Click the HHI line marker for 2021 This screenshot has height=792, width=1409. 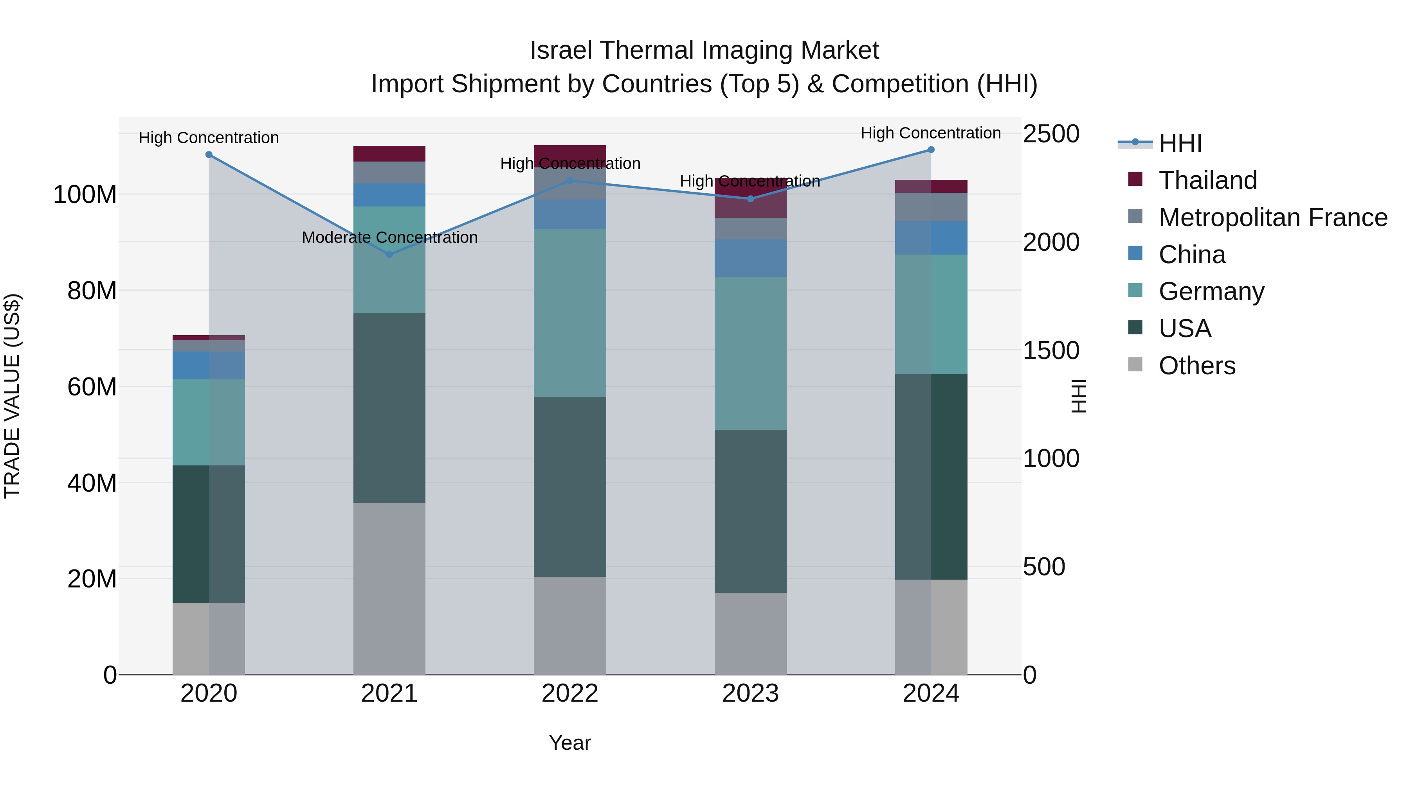click(389, 255)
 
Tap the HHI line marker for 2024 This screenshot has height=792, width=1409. click(931, 150)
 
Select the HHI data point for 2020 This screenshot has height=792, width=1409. click(209, 154)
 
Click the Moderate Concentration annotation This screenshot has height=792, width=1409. click(389, 238)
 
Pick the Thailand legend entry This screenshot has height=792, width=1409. click(1208, 180)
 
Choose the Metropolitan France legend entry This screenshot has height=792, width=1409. click(1273, 217)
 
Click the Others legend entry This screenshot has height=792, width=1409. click(1197, 366)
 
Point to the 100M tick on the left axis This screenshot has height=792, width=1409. click(85, 195)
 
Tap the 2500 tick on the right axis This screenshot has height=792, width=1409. click(1051, 135)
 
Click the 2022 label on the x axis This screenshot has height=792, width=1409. click(569, 693)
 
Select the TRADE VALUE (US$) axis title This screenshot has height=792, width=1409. click(13, 396)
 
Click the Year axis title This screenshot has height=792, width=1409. click(569, 743)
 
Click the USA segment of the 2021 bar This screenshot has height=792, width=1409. click(389, 408)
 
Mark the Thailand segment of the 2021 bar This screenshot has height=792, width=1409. click(389, 154)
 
